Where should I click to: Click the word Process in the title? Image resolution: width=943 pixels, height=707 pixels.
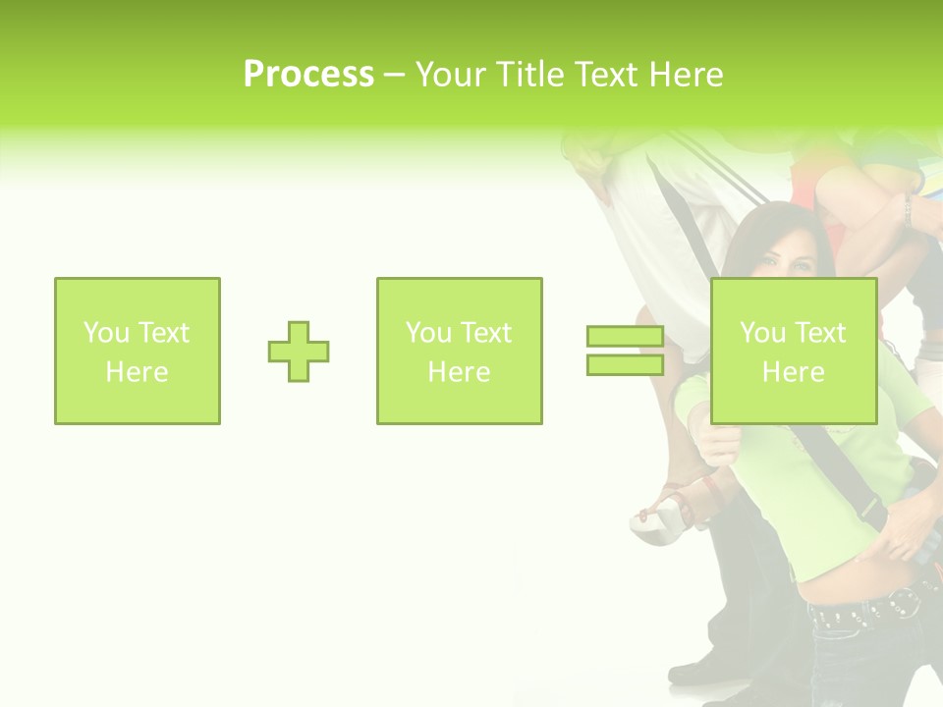(308, 75)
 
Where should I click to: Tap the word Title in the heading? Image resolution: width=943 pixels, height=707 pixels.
(532, 75)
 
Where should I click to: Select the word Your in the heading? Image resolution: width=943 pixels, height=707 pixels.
(452, 75)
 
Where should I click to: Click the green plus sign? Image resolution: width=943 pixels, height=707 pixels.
(299, 352)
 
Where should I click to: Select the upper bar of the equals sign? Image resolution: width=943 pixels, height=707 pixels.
(625, 336)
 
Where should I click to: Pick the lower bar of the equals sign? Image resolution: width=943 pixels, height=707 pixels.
(625, 364)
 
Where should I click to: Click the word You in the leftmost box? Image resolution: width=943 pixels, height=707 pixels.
(106, 333)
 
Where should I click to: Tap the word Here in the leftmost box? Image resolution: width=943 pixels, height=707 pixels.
(137, 372)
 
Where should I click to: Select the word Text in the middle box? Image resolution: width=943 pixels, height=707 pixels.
(486, 333)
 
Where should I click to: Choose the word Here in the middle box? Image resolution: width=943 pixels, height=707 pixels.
(459, 372)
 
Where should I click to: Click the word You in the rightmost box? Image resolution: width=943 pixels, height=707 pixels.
(762, 333)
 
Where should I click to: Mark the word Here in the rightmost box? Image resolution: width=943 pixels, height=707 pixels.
(793, 372)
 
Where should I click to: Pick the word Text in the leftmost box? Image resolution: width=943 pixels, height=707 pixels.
(164, 333)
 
